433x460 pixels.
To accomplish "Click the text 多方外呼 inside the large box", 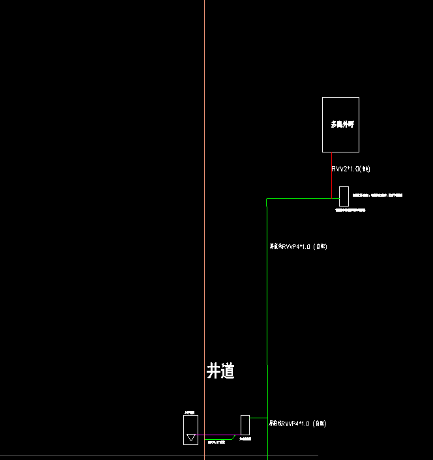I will (340, 124).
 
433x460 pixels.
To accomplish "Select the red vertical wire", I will (332, 175).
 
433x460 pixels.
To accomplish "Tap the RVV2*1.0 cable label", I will (351, 169).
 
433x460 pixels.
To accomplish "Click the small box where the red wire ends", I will (344, 196).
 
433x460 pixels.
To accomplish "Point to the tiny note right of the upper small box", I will (378, 195).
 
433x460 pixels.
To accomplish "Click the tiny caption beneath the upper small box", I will (350, 210).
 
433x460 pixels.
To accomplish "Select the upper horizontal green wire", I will (300, 198).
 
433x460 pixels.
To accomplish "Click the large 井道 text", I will (220, 371).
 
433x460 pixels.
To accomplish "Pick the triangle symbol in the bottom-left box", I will (191, 437).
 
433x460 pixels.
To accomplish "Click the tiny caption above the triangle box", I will (190, 412).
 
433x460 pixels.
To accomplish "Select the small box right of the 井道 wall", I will (245, 425).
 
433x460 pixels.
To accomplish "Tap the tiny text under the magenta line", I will (215, 442).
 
